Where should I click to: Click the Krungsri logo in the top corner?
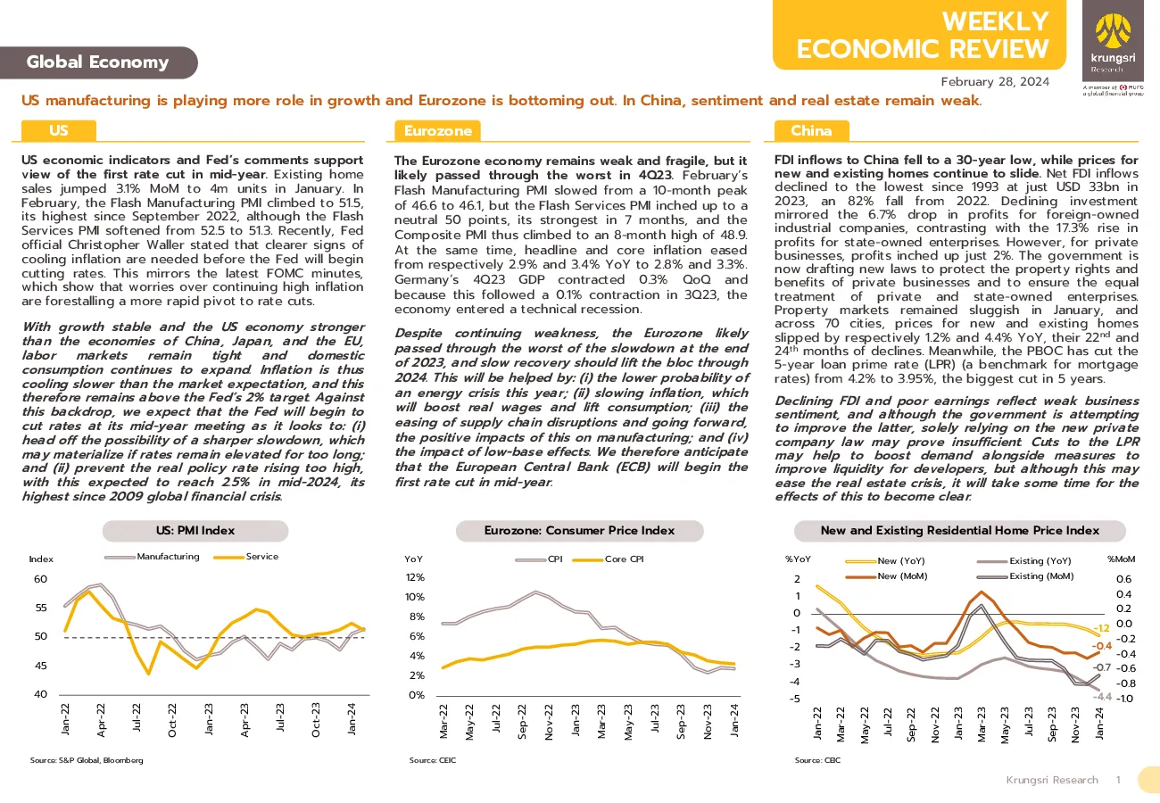tap(1113, 41)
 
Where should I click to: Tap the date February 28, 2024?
tap(995, 82)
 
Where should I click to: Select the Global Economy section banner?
tap(98, 62)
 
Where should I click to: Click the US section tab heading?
tap(59, 130)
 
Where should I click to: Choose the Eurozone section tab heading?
tap(437, 130)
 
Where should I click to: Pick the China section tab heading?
tap(811, 130)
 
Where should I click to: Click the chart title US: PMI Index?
tap(195, 531)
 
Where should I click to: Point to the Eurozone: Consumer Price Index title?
tap(579, 531)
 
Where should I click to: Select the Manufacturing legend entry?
tap(153, 557)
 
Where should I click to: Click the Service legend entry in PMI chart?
tap(246, 557)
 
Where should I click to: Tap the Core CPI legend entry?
tap(609, 559)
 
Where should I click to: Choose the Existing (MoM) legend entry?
tap(1025, 576)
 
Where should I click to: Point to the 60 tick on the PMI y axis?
tap(40, 579)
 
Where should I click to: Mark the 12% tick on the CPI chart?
tap(415, 577)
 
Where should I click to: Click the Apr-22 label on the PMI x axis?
tap(101, 720)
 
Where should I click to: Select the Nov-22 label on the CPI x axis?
tap(549, 722)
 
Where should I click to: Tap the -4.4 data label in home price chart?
tap(1102, 697)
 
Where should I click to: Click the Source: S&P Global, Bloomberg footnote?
tap(87, 760)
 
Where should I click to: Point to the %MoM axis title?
tap(1121, 559)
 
